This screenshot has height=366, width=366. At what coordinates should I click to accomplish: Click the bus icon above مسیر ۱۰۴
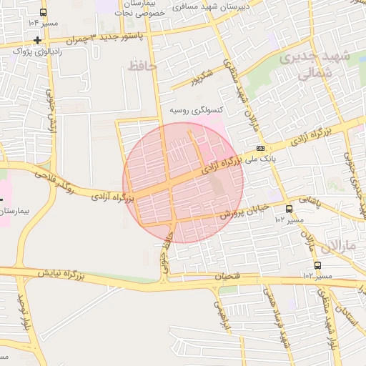pos(44,13)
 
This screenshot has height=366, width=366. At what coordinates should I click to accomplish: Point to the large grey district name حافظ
pos(143,66)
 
